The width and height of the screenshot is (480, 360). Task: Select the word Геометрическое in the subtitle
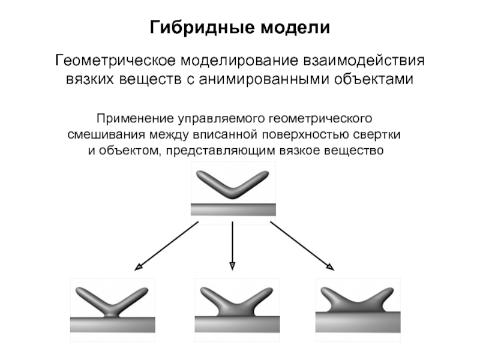point(114,62)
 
